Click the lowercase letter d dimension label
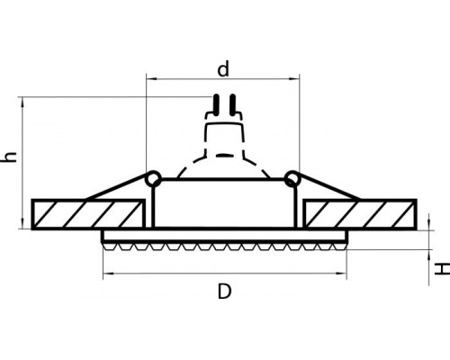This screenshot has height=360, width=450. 223,69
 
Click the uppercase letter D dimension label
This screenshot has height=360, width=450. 224,292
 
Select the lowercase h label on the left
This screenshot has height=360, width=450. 9,157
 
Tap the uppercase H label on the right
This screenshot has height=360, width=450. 442,269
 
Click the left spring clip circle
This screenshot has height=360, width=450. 153,179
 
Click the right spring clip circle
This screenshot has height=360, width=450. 292,179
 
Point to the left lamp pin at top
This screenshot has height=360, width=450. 215,105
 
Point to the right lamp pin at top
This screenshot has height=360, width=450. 232,105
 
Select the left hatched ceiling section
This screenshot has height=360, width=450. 88,214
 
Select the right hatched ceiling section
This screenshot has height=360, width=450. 360,214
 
